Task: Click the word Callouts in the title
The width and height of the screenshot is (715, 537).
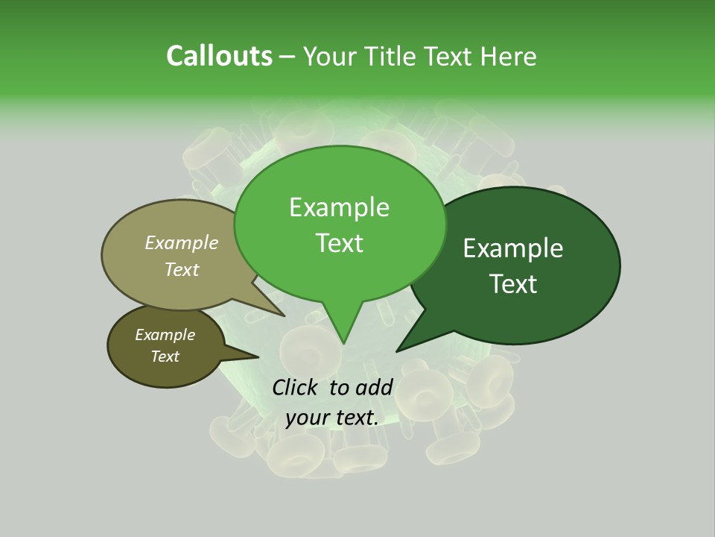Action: click(x=219, y=56)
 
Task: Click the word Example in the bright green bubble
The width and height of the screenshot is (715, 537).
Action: click(x=339, y=207)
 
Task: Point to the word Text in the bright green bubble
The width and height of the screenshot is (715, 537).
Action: click(x=339, y=243)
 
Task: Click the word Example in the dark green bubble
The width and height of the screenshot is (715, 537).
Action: click(x=513, y=248)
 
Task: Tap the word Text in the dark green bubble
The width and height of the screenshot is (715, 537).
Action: click(x=513, y=283)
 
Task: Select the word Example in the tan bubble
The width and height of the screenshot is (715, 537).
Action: click(x=182, y=242)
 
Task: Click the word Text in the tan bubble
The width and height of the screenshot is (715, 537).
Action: click(x=182, y=269)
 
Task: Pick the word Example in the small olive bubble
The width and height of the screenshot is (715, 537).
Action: click(x=165, y=335)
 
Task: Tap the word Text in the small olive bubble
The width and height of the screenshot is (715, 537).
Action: click(x=165, y=357)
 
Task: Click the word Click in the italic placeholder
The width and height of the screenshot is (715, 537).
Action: click(x=296, y=387)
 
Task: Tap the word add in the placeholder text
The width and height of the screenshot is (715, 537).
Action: click(x=374, y=387)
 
